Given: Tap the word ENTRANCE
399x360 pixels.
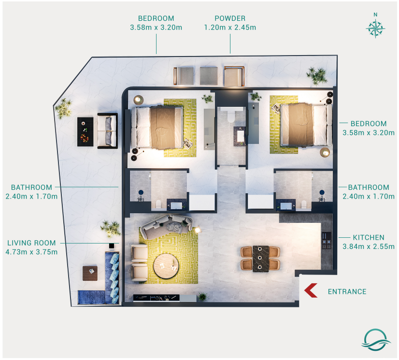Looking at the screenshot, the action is point(347,291).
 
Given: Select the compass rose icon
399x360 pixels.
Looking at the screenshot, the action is point(375,28).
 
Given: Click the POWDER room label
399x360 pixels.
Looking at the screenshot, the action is point(230,18).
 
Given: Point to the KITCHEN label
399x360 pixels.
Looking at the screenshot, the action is point(369,238).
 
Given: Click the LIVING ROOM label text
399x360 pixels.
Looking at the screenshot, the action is point(31,243).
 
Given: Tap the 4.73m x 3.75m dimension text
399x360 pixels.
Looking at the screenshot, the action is point(31,252).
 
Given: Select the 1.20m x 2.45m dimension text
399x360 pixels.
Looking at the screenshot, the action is point(230,28).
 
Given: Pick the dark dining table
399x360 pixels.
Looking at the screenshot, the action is point(260,259).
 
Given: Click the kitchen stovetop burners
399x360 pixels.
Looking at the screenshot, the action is point(327,241).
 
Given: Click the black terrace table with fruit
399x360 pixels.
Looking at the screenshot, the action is point(85,131).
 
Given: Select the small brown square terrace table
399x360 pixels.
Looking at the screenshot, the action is point(90,273).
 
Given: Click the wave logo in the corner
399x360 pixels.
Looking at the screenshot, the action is point(376,340).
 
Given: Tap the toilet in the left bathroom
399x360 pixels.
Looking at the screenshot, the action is point(158,204).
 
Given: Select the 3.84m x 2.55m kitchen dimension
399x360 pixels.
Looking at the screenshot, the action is point(369,246).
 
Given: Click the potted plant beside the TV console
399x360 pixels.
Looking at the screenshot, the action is point(202,297).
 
